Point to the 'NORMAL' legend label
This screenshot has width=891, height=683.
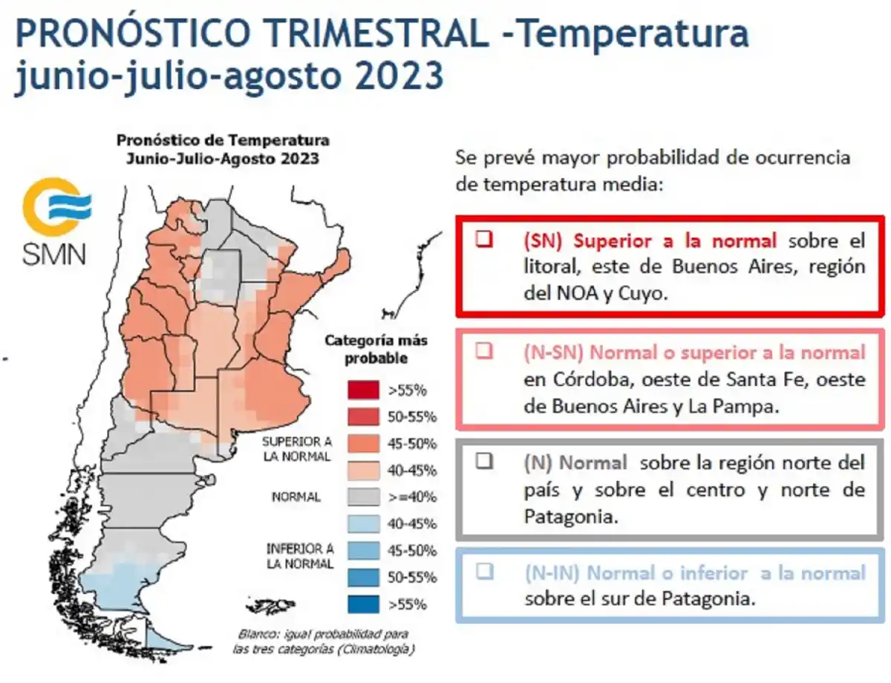tap(296, 497)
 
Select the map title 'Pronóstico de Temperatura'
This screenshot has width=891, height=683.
tap(222, 140)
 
